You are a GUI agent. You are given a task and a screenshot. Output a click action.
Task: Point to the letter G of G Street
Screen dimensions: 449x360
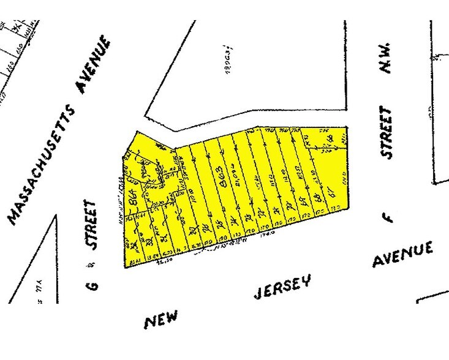pyautogui.click(x=94, y=285)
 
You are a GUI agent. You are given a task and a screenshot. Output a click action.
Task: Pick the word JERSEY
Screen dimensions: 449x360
pyautogui.click(x=282, y=287)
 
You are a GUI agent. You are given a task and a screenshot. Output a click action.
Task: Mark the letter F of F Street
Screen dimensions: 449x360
pyautogui.click(x=390, y=217)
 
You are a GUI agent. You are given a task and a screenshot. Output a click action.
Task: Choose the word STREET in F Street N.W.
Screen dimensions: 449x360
pyautogui.click(x=385, y=132)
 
